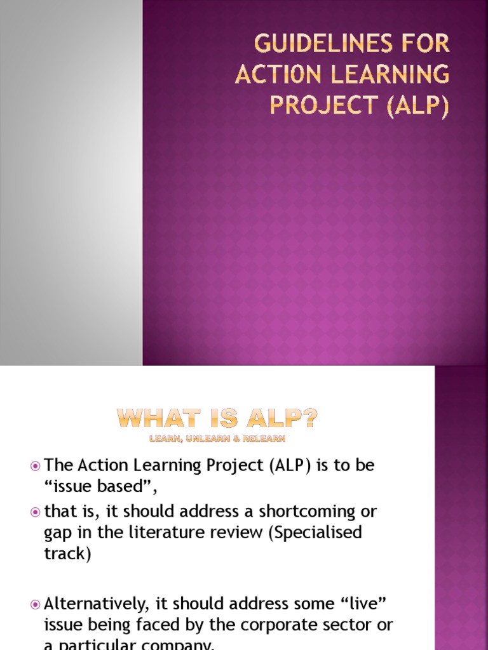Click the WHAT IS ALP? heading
pos(217,419)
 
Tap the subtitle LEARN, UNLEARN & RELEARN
pos(217,438)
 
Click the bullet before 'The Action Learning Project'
pos(36,467)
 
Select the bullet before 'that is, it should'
pos(36,512)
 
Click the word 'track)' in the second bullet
pos(67,554)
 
